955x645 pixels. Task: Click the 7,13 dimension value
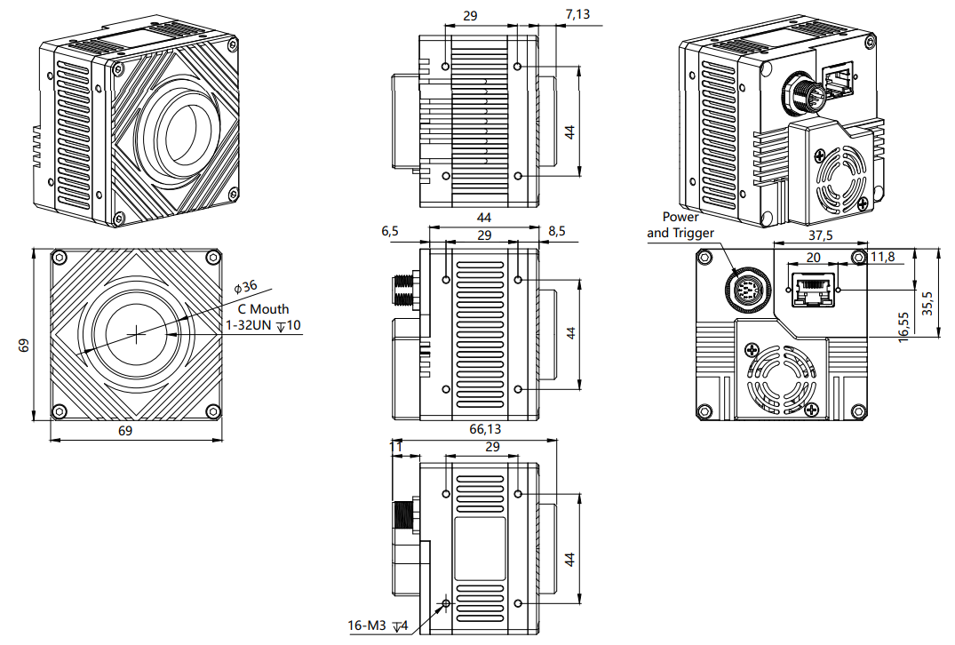(x=577, y=13)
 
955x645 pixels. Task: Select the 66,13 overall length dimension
(x=484, y=429)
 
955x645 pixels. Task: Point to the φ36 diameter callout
(x=245, y=287)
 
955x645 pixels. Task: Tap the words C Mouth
(x=263, y=309)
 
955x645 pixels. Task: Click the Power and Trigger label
(x=680, y=225)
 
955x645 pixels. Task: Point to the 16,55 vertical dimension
(x=903, y=326)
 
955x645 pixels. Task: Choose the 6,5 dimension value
(x=390, y=231)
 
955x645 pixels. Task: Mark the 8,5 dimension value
(x=557, y=231)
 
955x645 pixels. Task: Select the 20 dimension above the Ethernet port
(x=813, y=256)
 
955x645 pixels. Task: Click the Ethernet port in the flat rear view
(x=816, y=291)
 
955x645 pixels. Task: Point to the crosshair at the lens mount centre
(x=136, y=334)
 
